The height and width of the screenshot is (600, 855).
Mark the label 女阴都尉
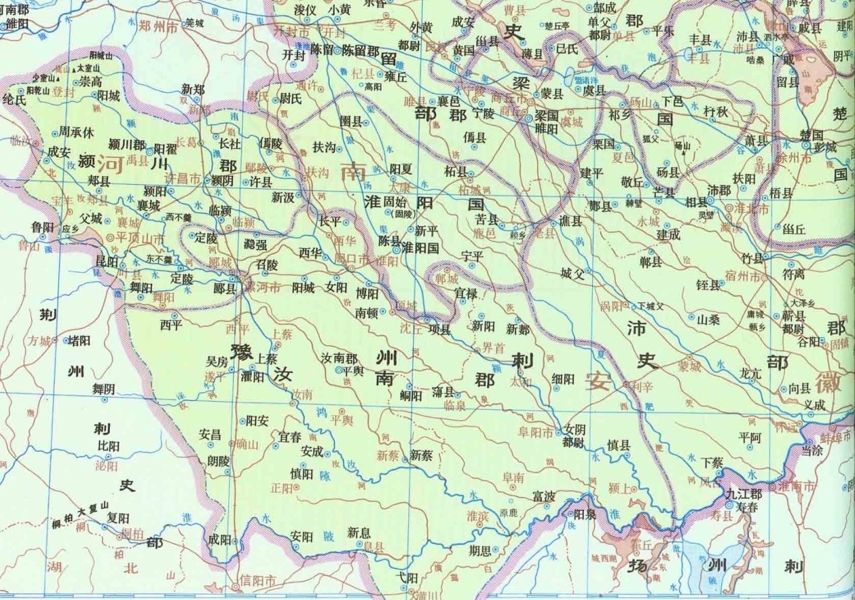tap(574, 436)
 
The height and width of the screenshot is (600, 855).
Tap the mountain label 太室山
tap(89, 69)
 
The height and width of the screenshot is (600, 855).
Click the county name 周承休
tap(77, 132)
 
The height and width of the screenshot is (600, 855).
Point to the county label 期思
tap(481, 550)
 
